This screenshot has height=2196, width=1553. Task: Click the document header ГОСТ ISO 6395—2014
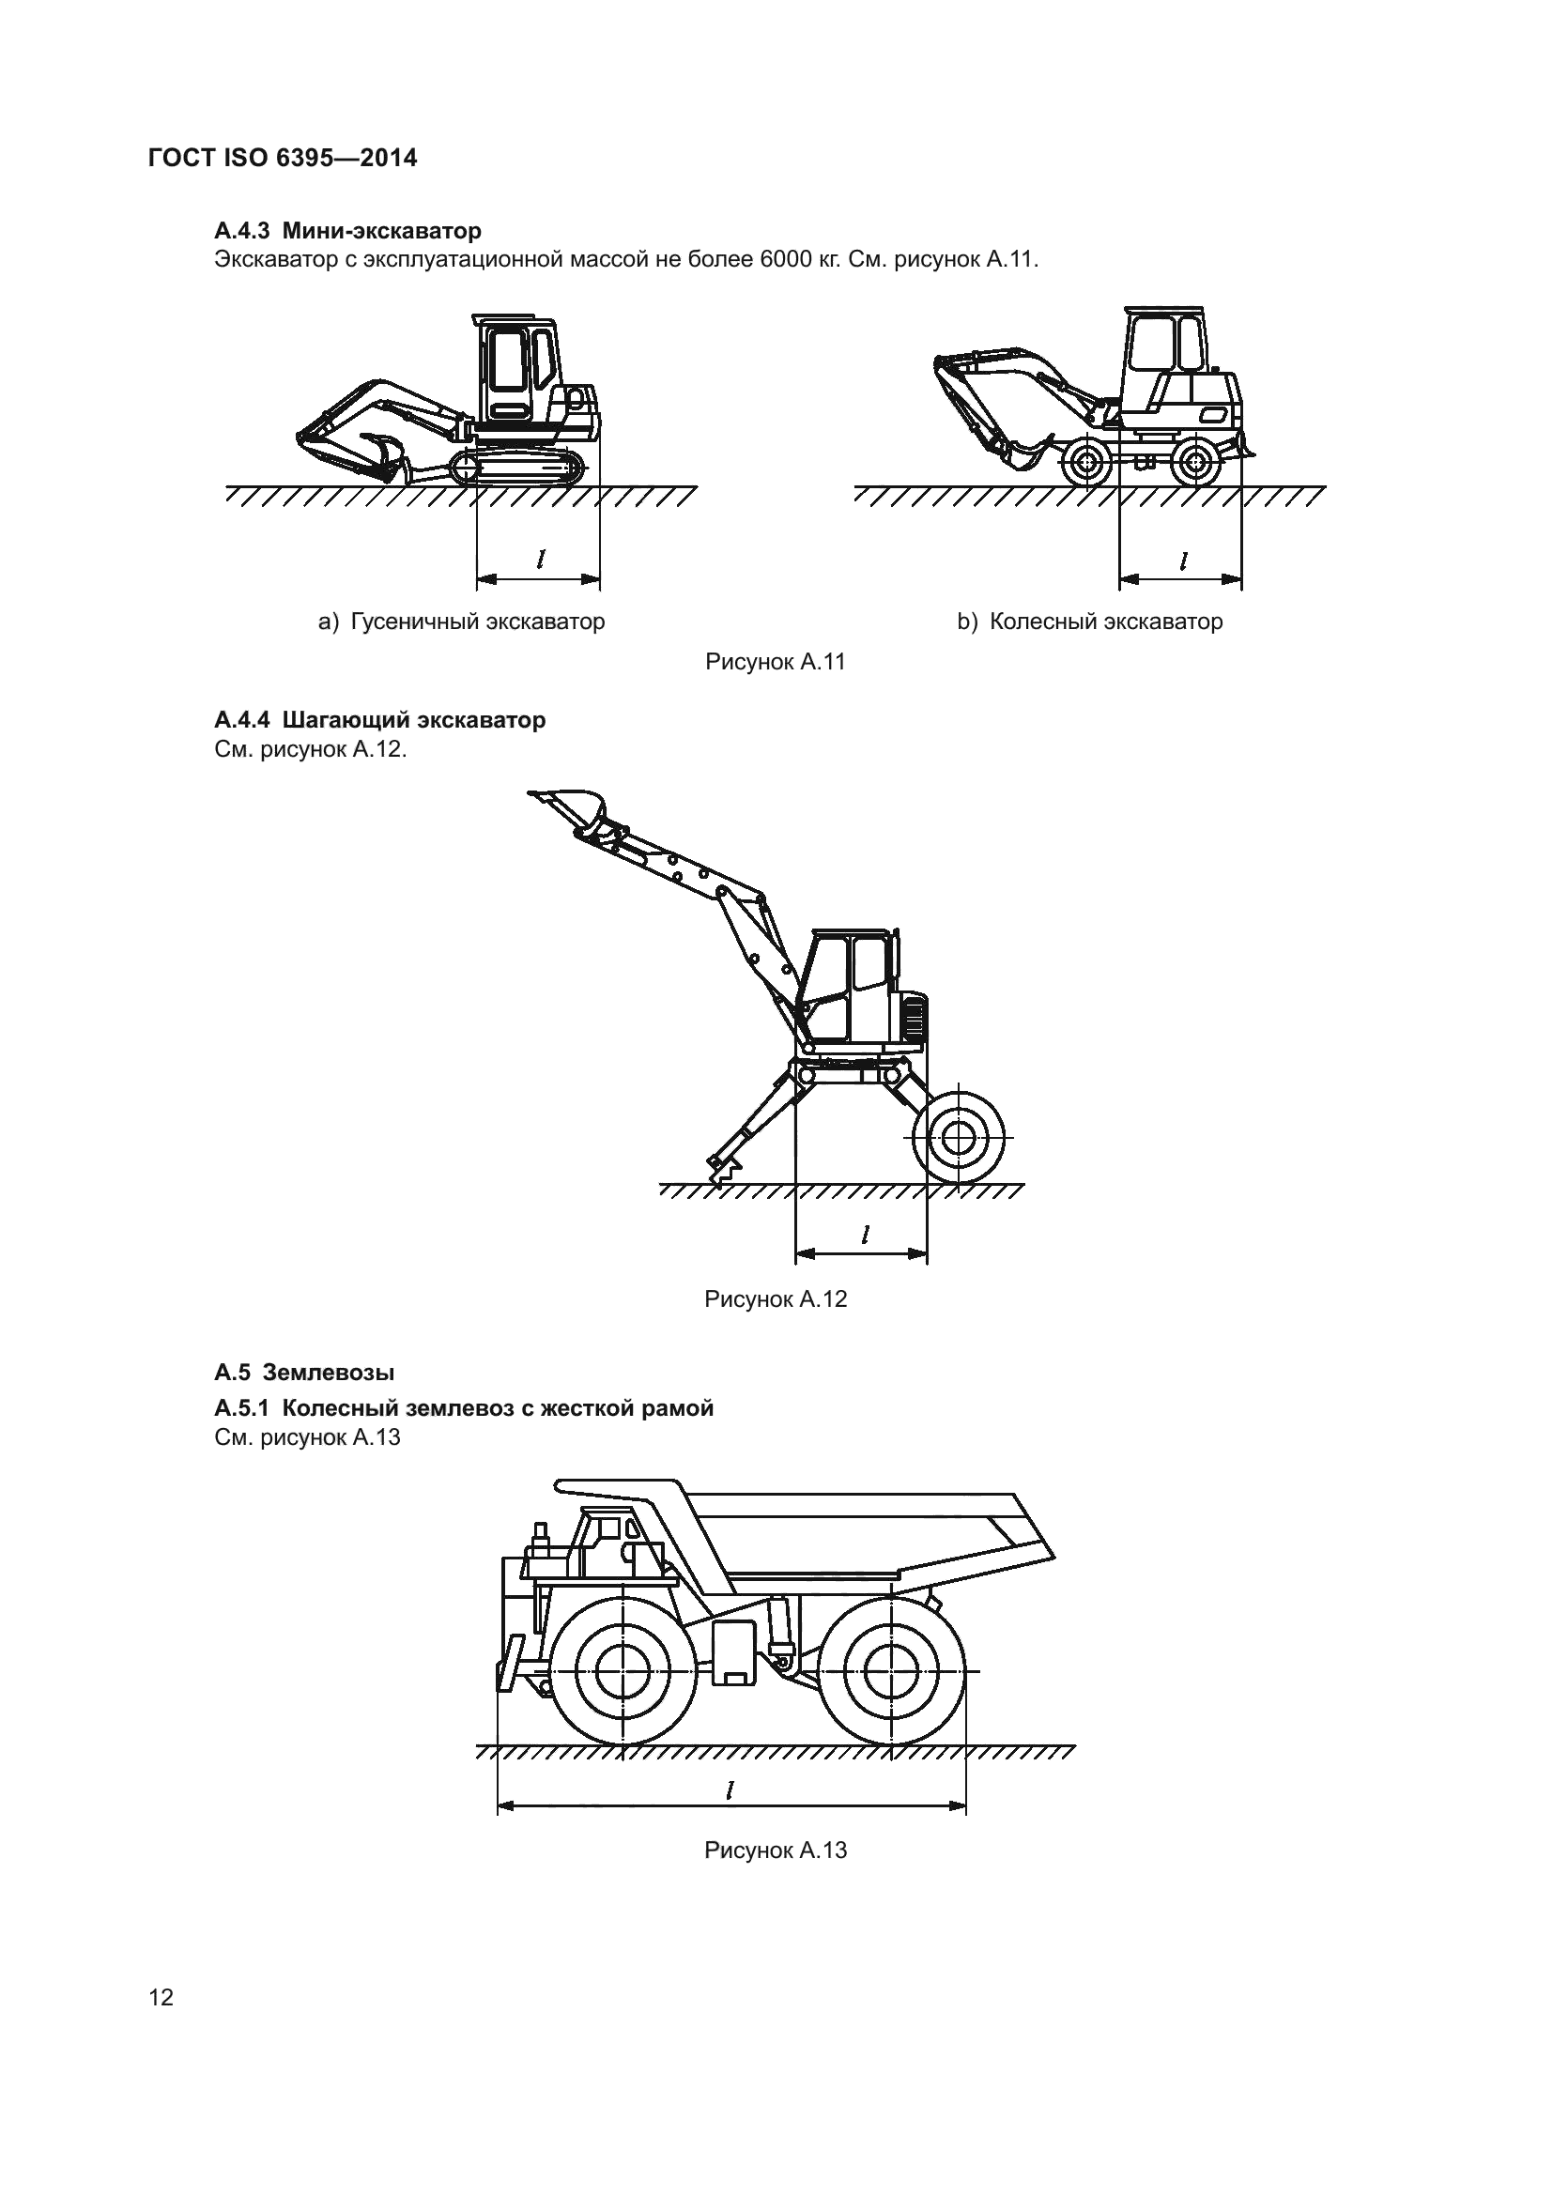[283, 158]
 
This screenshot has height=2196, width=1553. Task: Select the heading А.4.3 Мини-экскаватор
[348, 231]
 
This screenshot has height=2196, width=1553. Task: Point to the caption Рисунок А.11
[775, 662]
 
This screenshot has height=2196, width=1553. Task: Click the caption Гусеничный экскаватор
[477, 622]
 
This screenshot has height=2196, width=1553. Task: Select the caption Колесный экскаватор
[1105, 622]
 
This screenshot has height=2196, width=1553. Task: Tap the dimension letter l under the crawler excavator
[541, 559]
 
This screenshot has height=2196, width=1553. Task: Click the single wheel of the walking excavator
[956, 1138]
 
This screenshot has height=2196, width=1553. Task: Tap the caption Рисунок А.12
[775, 1298]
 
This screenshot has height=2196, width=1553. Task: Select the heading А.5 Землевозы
[304, 1373]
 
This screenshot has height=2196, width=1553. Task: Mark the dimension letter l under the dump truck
[730, 1789]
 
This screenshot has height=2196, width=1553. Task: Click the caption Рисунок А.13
[775, 1850]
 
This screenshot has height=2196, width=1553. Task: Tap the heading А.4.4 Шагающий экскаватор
[379, 719]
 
